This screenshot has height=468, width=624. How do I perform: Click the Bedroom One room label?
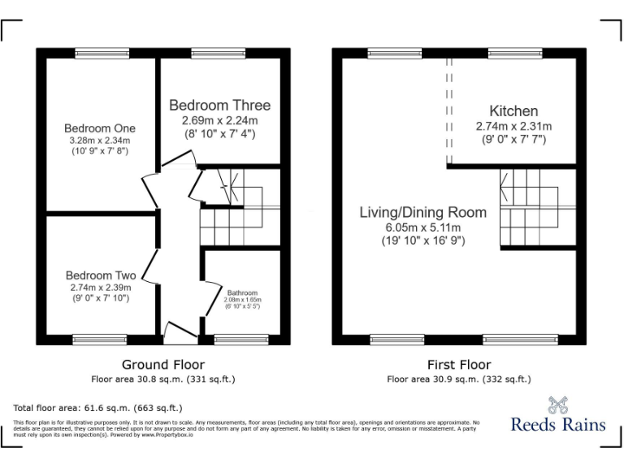tap(100, 128)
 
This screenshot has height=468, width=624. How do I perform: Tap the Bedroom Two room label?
tap(101, 275)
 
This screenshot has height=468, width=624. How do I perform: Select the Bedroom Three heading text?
tap(219, 106)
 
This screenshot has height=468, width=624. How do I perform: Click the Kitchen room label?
tap(513, 111)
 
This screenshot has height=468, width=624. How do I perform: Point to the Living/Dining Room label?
tap(423, 212)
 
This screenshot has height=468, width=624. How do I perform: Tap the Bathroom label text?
tap(242, 292)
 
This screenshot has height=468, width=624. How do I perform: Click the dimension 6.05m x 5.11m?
tap(423, 227)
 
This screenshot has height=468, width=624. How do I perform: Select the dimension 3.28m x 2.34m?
tap(100, 140)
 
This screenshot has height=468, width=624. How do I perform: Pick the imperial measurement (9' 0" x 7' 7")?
tap(513, 139)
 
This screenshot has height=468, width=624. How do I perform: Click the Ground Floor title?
tap(162, 365)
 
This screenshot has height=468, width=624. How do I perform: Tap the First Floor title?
tap(458, 365)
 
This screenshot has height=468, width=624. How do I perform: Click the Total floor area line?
tap(97, 408)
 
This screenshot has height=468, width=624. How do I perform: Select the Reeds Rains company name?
tap(557, 424)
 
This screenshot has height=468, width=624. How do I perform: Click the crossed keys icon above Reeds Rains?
tap(557, 404)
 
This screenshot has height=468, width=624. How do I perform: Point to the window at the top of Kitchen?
tap(515, 54)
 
